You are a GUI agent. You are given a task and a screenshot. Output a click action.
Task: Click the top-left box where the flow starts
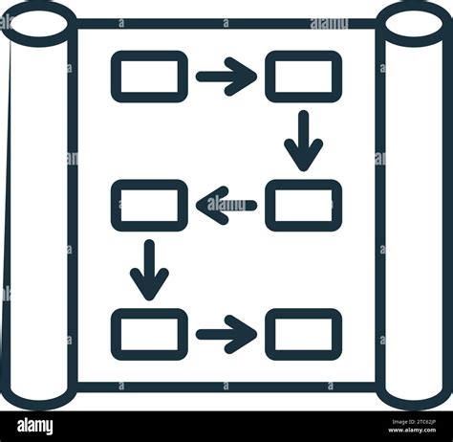[x=149, y=77]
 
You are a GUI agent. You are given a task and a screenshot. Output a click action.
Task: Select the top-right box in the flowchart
[x=303, y=77]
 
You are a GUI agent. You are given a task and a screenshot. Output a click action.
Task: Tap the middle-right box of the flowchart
[x=303, y=205]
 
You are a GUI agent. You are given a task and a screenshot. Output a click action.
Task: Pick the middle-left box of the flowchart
[x=149, y=205]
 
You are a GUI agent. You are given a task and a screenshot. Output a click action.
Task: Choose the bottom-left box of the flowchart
[x=149, y=334]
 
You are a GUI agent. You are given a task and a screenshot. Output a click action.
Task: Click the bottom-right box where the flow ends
[x=303, y=334]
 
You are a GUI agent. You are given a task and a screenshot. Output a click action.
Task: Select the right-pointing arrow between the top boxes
[x=226, y=77]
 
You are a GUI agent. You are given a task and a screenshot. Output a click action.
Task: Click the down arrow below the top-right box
[x=303, y=141]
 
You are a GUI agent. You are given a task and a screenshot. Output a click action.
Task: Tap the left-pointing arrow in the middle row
[x=226, y=205]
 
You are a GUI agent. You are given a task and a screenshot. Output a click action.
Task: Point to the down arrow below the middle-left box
[x=149, y=270]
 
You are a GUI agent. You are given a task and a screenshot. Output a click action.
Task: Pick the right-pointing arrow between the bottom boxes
[x=226, y=334]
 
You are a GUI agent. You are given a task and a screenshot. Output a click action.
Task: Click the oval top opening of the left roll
[x=38, y=21]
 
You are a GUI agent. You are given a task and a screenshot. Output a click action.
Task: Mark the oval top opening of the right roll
[x=413, y=21]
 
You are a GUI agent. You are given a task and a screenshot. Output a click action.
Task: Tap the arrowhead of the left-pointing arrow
[x=209, y=205]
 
